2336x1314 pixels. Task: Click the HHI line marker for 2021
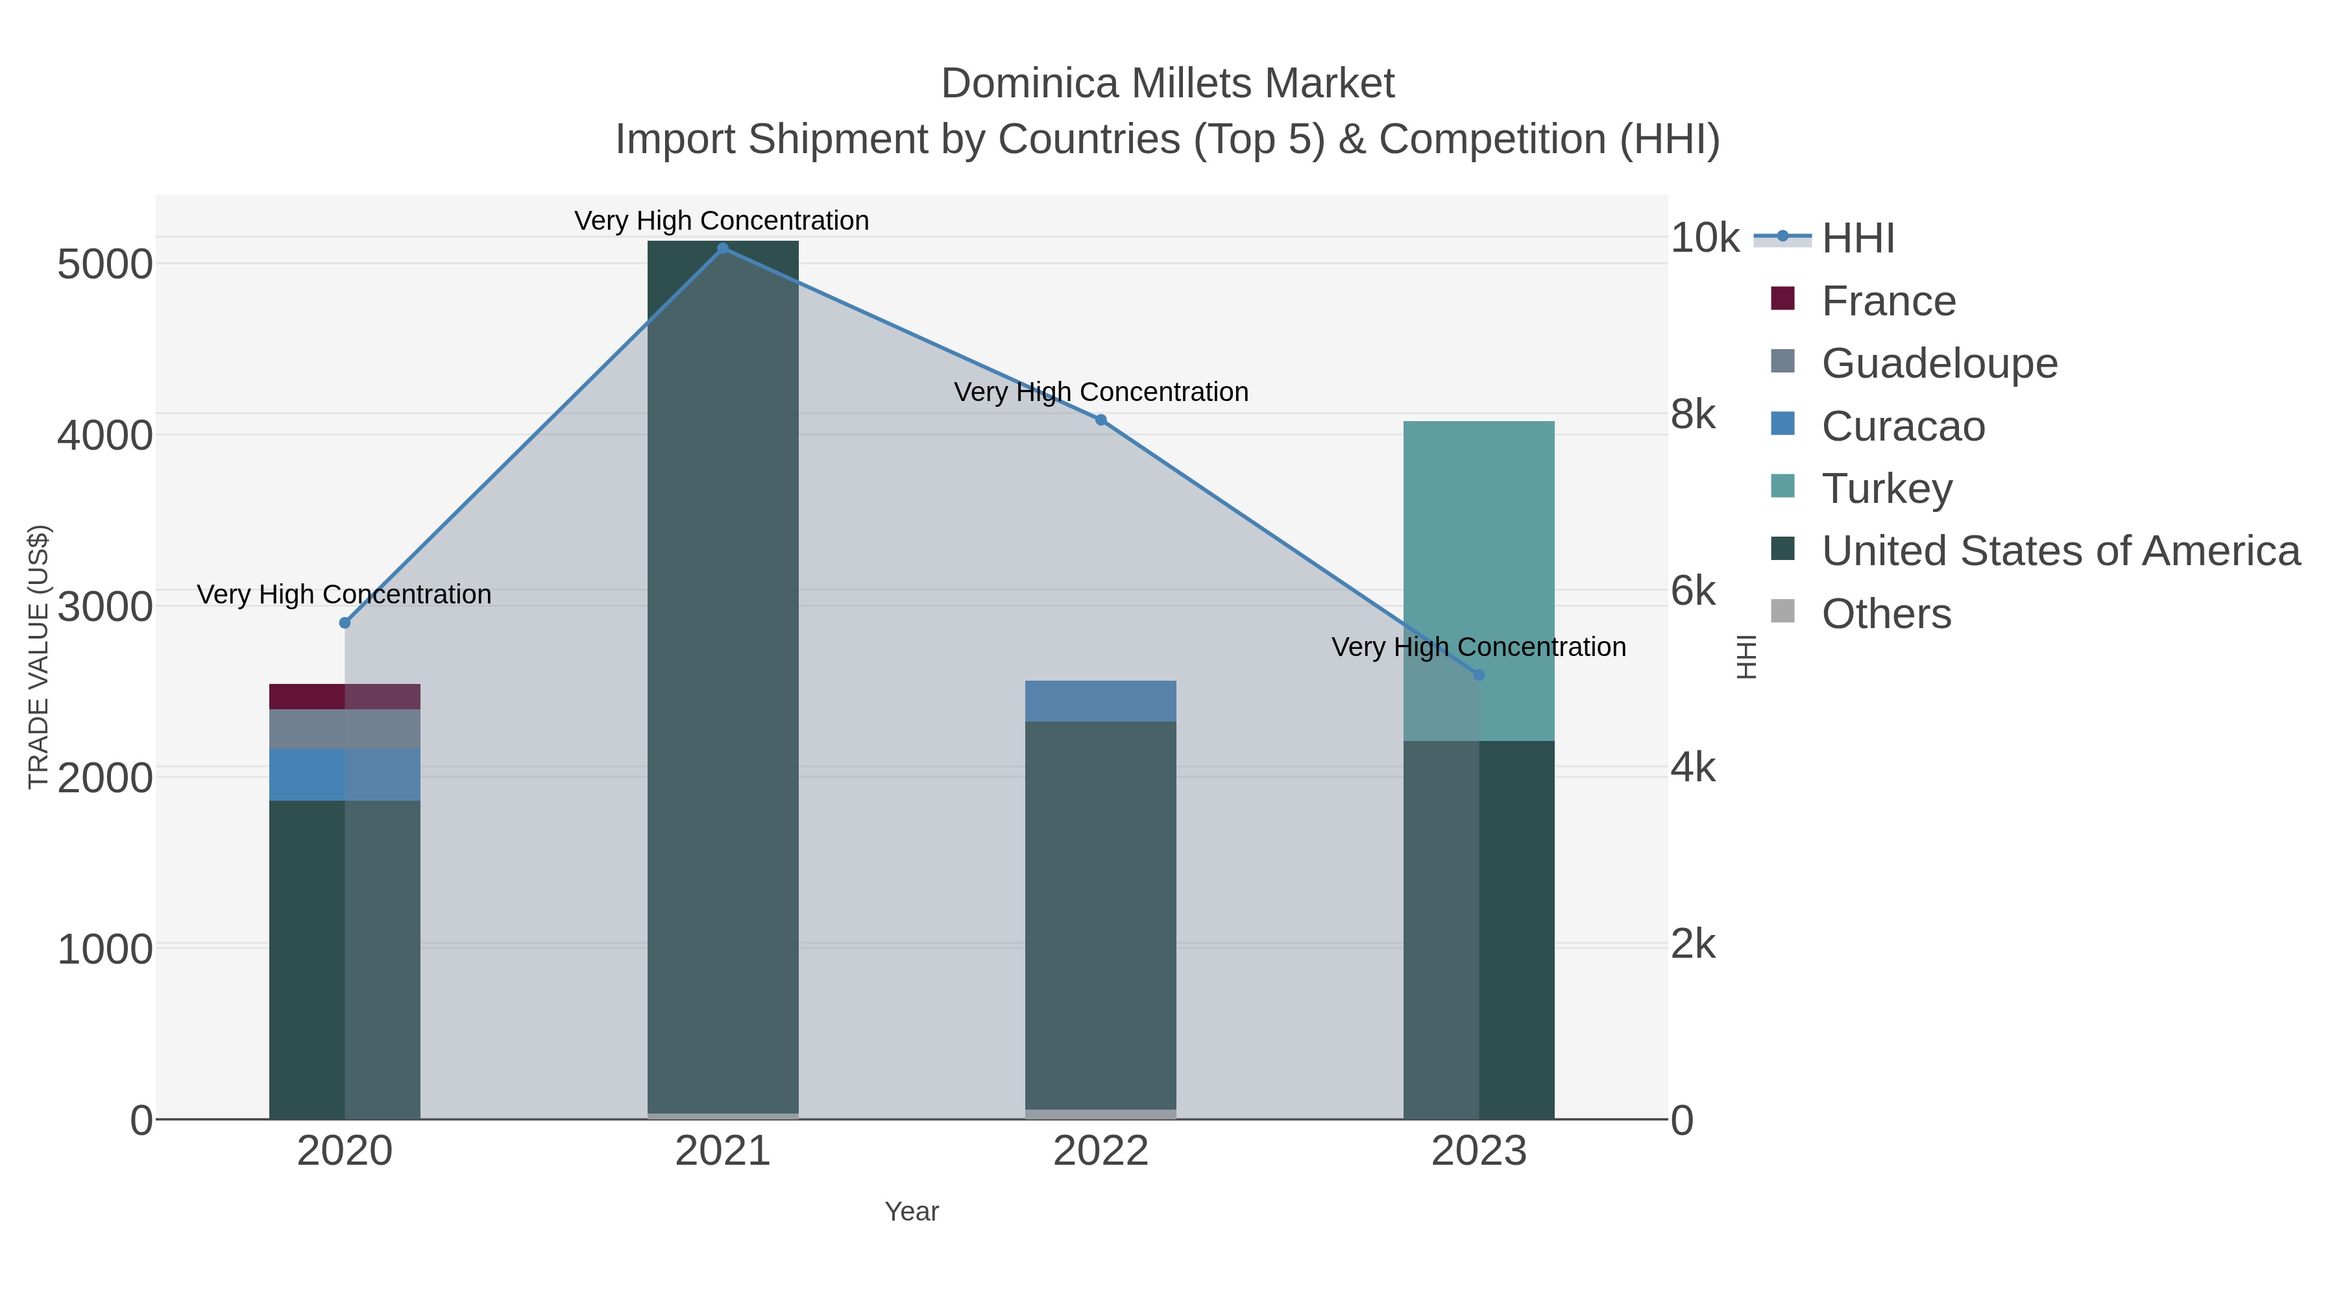pos(723,249)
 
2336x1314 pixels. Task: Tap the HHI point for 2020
pos(345,623)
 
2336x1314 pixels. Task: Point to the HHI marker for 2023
pos(1479,675)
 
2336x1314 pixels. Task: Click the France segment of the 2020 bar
pos(345,696)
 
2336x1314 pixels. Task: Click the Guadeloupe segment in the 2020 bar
pos(345,729)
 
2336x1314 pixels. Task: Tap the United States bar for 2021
pos(723,680)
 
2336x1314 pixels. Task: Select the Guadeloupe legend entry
pos(1939,363)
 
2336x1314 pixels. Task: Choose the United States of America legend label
pos(2060,552)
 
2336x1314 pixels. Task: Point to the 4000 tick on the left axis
pos(104,435)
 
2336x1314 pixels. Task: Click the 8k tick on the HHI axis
pos(1693,415)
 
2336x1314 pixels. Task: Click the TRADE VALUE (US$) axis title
pos(38,657)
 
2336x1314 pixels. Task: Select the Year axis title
pos(912,1211)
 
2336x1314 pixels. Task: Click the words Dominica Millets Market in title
pos(1167,84)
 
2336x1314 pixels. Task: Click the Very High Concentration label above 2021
pos(722,221)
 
